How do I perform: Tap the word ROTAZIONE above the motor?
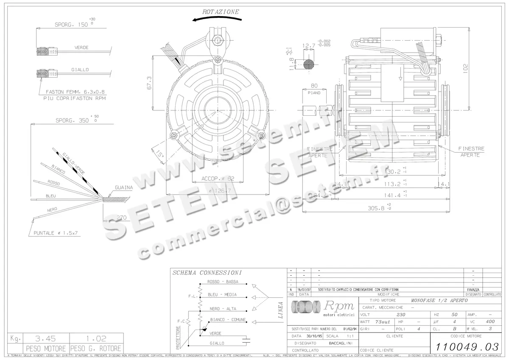click(x=221, y=12)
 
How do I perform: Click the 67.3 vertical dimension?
click(x=149, y=83)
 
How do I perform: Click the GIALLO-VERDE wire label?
click(x=73, y=163)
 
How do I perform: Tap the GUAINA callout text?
click(x=124, y=187)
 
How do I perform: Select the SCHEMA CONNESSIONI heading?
click(x=207, y=273)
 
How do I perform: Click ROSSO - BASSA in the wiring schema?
click(x=223, y=282)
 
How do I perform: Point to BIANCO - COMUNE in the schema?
click(x=228, y=319)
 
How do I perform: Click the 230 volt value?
click(x=400, y=315)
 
